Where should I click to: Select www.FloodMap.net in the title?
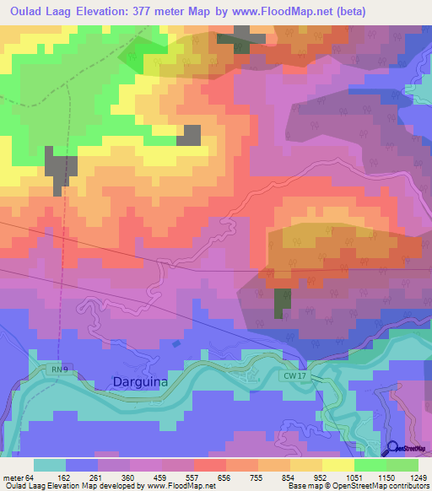(305, 10)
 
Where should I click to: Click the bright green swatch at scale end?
(402, 465)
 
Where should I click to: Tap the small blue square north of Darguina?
(175, 343)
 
